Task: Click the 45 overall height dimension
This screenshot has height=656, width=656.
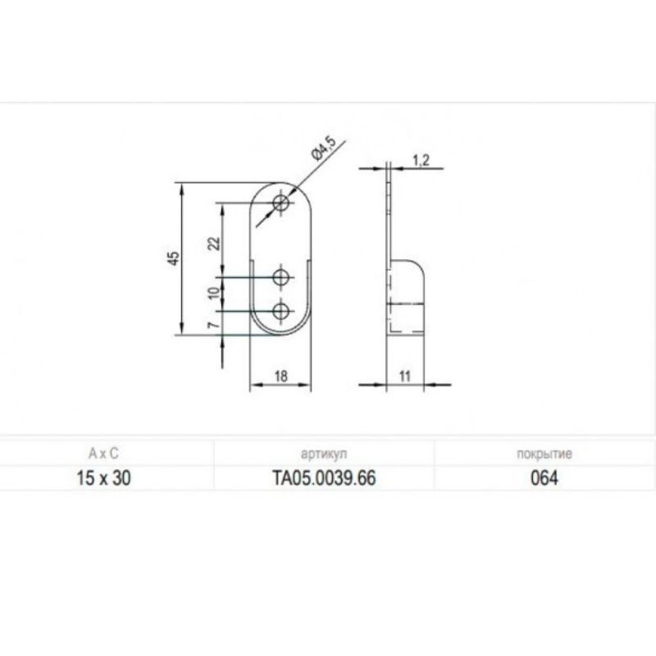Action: [x=175, y=258]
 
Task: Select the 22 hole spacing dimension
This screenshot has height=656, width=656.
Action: [x=215, y=243]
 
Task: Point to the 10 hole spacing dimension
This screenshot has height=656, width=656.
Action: [x=214, y=293]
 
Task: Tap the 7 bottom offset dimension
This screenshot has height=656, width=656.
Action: [x=213, y=325]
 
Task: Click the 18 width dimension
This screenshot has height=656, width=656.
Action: [x=281, y=376]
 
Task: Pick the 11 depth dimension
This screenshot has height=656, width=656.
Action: [x=404, y=376]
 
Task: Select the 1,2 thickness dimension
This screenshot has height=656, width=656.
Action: [x=421, y=160]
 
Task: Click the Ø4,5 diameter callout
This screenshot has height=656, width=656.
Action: [x=324, y=148]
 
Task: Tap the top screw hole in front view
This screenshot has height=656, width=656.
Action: [x=280, y=203]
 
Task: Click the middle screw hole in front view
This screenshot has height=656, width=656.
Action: [x=280, y=277]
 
